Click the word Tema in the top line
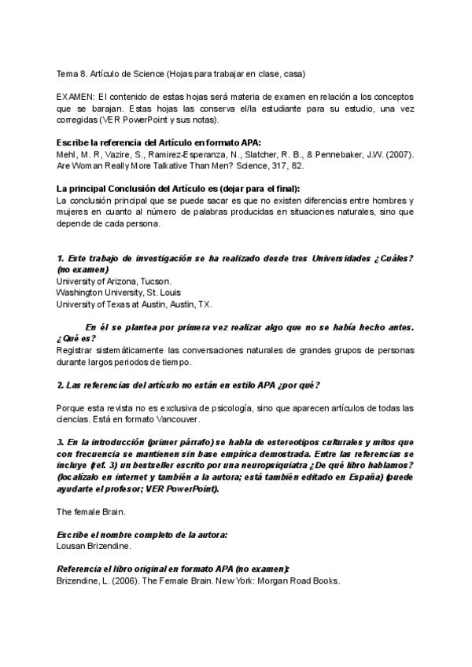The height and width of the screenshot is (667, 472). click(x=67, y=74)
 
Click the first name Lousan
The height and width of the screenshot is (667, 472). click(x=71, y=545)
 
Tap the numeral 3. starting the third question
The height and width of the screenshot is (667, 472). click(x=61, y=443)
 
